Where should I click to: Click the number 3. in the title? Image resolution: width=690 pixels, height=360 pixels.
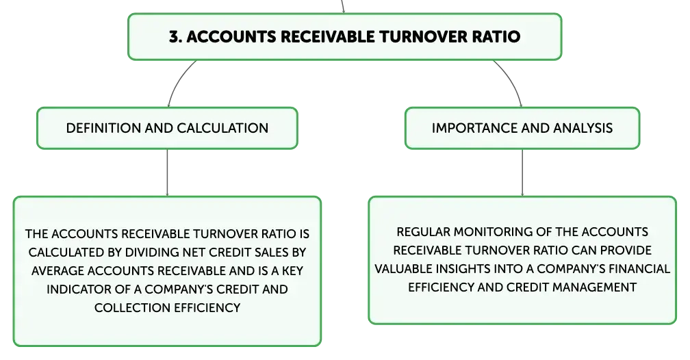(x=175, y=36)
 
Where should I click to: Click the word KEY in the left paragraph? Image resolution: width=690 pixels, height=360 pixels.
(x=293, y=270)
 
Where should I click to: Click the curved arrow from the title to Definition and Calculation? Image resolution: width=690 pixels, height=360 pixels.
(x=178, y=80)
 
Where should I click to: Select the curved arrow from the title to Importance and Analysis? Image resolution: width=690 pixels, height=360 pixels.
(x=511, y=80)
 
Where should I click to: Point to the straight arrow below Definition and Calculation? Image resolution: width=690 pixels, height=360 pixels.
(x=167, y=172)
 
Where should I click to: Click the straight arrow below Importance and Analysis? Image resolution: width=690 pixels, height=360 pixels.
(x=522, y=172)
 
